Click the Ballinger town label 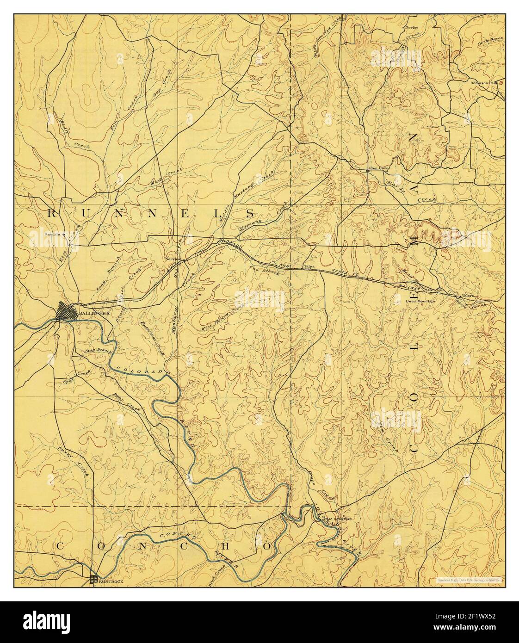pyautogui.click(x=94, y=313)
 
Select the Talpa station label pyautogui.click(x=309, y=267)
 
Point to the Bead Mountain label pyautogui.click(x=420, y=301)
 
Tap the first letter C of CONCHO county pyautogui.click(x=59, y=546)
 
